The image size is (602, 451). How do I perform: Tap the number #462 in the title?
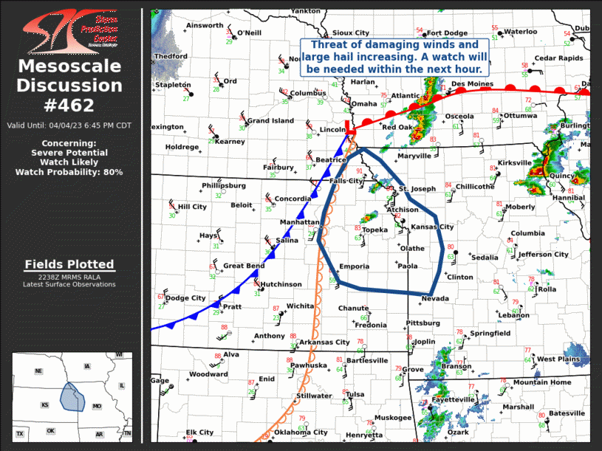(69, 105)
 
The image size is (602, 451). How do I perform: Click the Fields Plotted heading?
(69, 264)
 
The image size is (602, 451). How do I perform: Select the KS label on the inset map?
(46, 405)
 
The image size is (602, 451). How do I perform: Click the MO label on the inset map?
(97, 406)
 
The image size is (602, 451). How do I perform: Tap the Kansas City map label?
(432, 227)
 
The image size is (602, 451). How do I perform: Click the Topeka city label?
(374, 230)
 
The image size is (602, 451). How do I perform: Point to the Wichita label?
(301, 306)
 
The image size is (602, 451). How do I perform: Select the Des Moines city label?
(472, 84)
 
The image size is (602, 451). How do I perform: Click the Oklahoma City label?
(301, 433)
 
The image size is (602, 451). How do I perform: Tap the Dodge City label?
(185, 298)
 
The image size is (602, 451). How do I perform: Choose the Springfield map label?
(490, 334)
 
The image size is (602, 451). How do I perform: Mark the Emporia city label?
(354, 266)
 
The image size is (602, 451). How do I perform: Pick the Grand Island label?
(270, 120)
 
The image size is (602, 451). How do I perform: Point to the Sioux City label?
(351, 33)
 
